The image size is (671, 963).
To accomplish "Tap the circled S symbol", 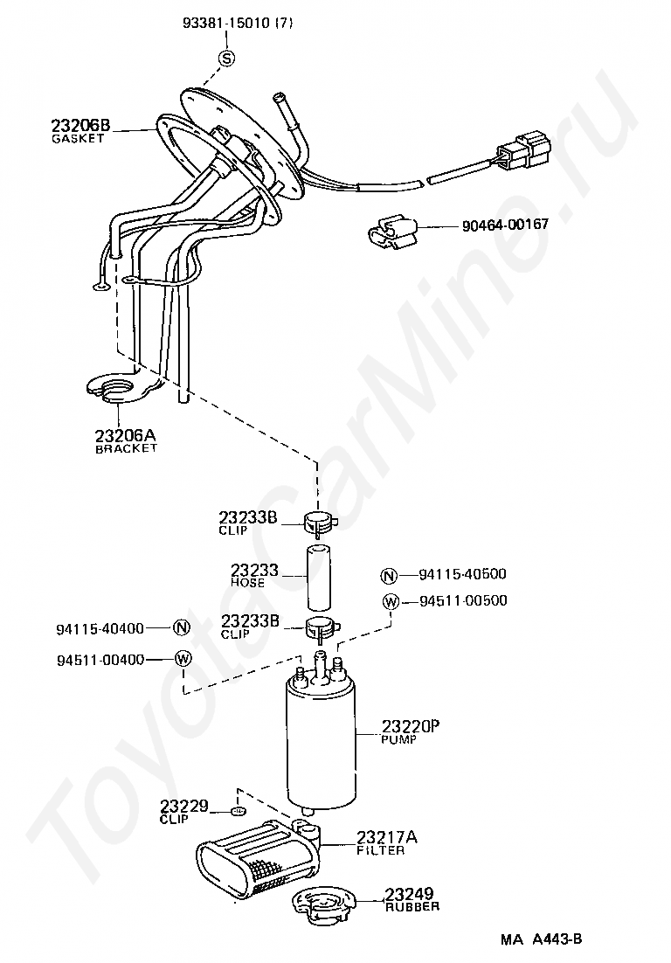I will (x=226, y=59).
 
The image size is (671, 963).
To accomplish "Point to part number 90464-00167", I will (x=505, y=225).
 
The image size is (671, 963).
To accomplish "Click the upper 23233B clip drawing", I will (x=320, y=522).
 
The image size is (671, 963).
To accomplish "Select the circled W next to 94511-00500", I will (x=390, y=601).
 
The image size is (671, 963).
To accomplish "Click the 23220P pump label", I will (x=410, y=726).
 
